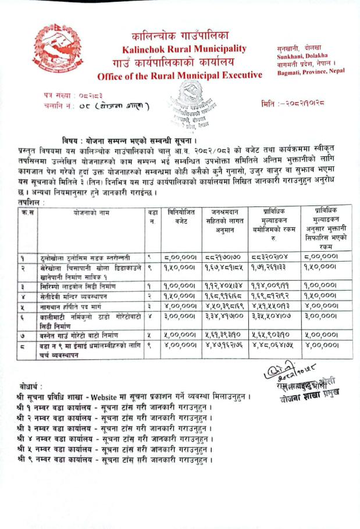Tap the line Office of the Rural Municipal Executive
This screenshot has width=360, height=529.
[x=180, y=76]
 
